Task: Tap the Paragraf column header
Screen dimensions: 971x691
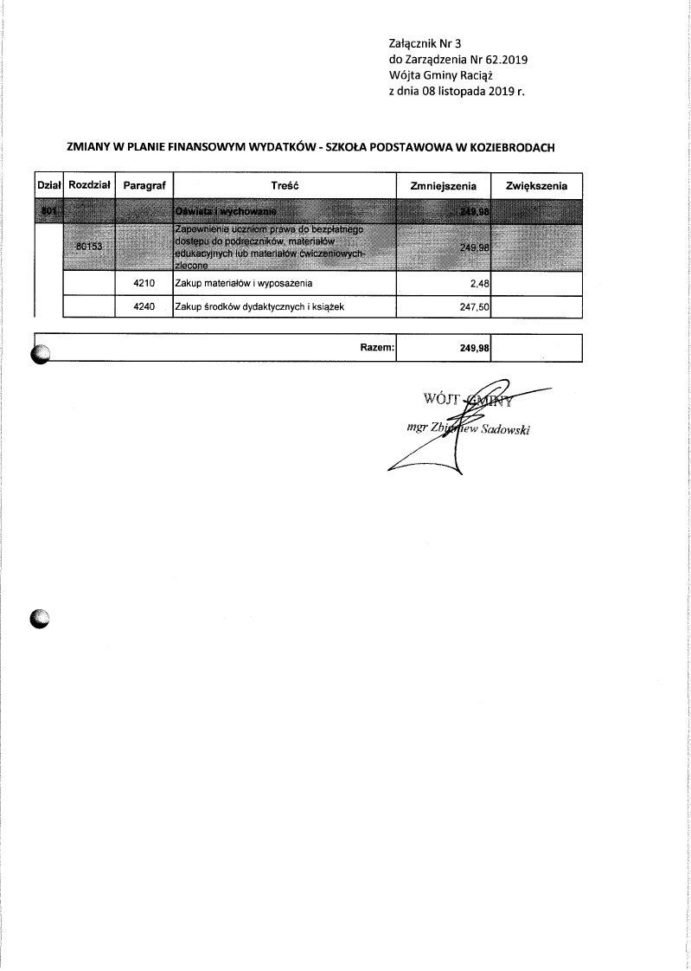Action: point(144,186)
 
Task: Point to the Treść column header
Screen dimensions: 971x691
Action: point(285,186)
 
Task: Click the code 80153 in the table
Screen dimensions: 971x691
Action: point(89,247)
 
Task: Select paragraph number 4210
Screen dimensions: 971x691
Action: point(144,283)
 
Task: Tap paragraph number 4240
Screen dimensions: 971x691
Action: point(144,305)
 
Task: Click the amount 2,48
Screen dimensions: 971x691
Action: point(481,283)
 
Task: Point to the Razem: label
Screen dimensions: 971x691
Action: point(377,347)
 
